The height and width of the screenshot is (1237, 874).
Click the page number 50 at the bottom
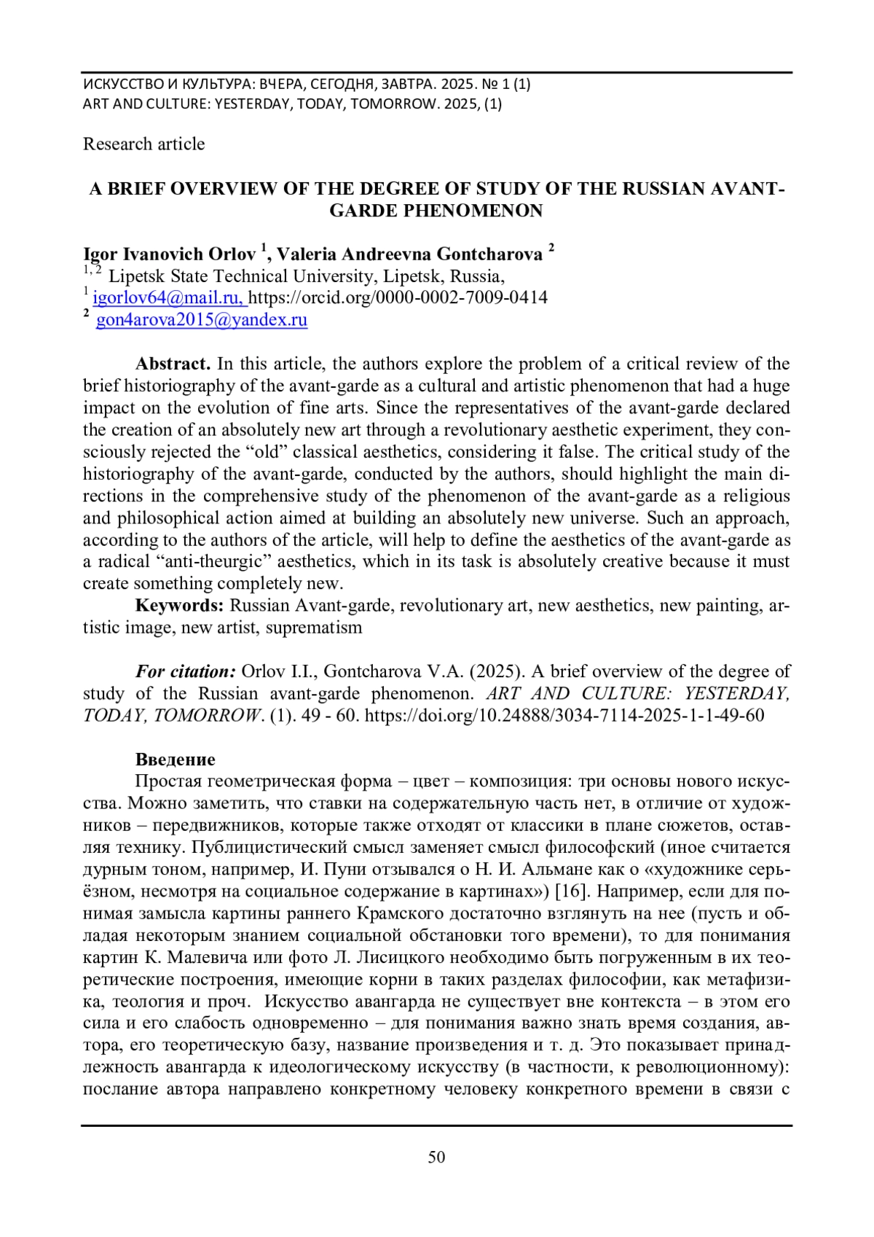pos(436,1158)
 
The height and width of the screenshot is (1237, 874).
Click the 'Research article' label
pos(143,144)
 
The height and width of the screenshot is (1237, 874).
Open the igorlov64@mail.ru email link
pos(170,297)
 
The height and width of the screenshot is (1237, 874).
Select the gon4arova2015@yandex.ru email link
pos(202,319)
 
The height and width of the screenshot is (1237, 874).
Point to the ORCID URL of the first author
pos(398,297)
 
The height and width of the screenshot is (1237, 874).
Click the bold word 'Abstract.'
pos(173,364)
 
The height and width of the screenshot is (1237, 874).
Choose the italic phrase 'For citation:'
pos(185,671)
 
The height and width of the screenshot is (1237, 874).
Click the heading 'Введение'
pos(175,760)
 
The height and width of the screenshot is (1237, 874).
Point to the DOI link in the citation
pos(564,715)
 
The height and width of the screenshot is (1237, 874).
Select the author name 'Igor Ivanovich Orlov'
pos(170,254)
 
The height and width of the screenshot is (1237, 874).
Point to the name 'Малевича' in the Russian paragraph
pos(163,957)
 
